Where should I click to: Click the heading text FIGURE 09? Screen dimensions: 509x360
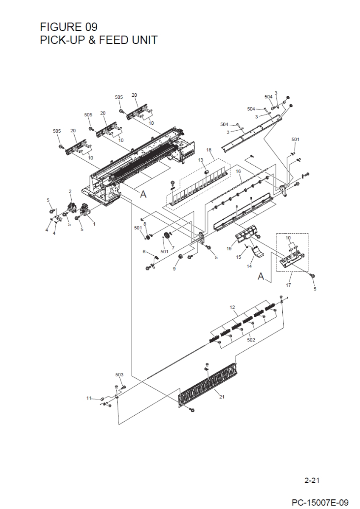68,27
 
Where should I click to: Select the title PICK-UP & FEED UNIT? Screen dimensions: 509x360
98,40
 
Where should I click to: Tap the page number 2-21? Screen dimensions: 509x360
312,481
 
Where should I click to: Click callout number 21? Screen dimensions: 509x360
222,397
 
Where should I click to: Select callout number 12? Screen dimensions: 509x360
232,307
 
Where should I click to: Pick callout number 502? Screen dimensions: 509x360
250,339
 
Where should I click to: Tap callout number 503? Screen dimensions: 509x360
119,375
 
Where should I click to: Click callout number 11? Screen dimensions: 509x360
89,398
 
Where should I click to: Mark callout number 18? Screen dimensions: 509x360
208,150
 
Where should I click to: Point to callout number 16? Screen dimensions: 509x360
238,171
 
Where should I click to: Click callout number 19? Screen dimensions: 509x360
229,249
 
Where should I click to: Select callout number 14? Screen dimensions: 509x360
249,266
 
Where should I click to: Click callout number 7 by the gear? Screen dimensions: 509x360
173,247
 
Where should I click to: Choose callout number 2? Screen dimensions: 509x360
70,191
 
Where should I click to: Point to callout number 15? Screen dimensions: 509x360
238,257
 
